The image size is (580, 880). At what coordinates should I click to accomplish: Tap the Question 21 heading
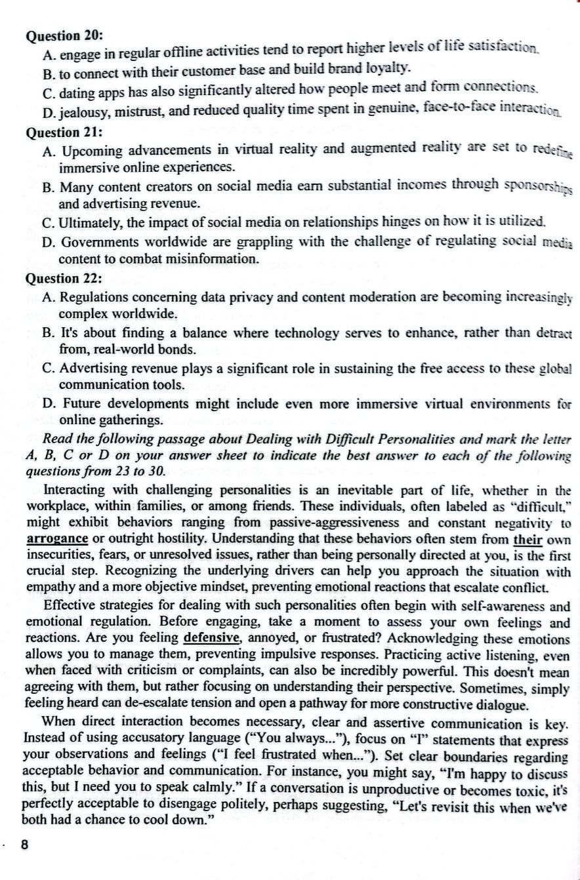(x=64, y=132)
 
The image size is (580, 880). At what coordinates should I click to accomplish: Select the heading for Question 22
(x=64, y=278)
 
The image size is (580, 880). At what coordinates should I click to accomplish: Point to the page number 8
(x=25, y=845)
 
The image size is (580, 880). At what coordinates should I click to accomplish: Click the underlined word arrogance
(x=58, y=539)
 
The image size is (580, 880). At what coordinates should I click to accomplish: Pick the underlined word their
(x=526, y=540)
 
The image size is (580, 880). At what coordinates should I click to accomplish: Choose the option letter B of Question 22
(x=48, y=333)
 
